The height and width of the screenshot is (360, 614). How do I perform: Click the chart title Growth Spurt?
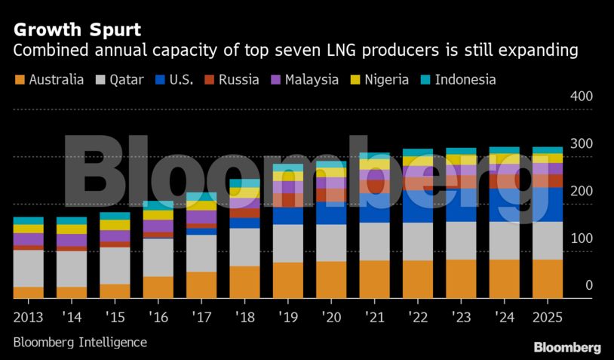coord(76,30)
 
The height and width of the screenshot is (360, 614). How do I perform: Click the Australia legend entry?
coord(48,79)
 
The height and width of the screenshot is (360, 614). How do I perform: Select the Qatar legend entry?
coord(118,79)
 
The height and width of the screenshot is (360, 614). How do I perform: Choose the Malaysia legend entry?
coord(302,79)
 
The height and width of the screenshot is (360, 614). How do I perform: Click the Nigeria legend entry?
coord(378,79)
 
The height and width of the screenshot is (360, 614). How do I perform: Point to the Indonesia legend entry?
coord(457,79)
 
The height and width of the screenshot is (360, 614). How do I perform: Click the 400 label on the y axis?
coord(582,97)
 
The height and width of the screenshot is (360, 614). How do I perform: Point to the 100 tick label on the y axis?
coord(582,238)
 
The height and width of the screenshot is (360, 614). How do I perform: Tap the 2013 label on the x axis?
coord(28,314)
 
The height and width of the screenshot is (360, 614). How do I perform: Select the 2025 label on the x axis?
coord(548,314)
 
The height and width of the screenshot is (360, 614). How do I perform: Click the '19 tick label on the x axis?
coord(287,314)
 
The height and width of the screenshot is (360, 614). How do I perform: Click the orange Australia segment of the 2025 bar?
coord(548,278)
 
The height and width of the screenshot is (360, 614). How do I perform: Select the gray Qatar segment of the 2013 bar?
coord(28,268)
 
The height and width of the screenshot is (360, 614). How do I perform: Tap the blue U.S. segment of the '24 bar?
coord(504,205)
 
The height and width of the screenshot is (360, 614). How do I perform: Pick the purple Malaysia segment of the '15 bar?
coord(115,235)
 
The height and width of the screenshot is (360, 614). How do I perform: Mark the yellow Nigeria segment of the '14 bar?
coord(72,229)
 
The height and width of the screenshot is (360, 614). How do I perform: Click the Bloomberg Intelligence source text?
coord(80,342)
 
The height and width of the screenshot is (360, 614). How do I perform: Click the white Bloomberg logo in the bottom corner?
coord(567,347)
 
